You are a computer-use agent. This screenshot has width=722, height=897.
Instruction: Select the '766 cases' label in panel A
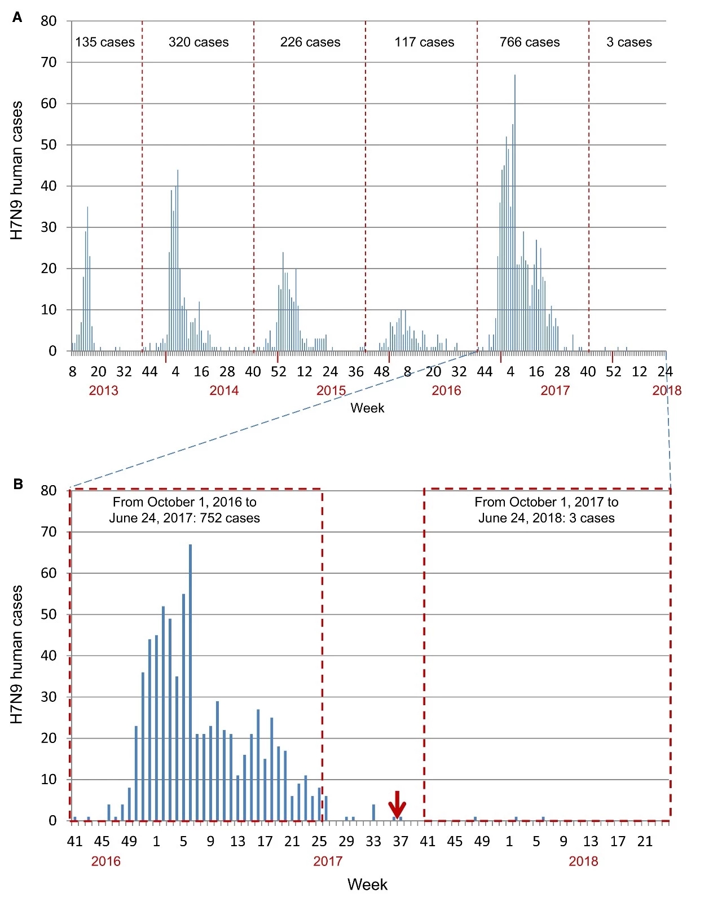[529, 42]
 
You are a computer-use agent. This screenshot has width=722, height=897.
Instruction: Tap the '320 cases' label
[199, 42]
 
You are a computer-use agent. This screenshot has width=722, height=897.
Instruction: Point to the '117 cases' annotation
[424, 42]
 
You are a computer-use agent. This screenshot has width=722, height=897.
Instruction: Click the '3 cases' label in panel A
[629, 42]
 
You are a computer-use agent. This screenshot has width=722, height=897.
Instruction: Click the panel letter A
[17, 18]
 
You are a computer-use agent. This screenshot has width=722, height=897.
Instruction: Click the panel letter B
[17, 484]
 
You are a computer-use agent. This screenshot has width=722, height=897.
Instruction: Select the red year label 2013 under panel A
[104, 391]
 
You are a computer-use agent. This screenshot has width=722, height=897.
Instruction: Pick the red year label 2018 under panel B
[583, 861]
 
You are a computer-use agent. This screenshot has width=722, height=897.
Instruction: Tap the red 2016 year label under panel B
[106, 861]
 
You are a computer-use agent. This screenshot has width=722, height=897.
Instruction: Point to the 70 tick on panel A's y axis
[49, 63]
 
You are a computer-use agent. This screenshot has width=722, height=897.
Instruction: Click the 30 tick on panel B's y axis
[49, 697]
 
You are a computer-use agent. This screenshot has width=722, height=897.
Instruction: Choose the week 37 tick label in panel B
[400, 842]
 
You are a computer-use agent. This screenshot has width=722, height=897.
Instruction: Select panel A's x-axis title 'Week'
[367, 408]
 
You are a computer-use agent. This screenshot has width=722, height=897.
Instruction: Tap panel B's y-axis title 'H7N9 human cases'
[17, 654]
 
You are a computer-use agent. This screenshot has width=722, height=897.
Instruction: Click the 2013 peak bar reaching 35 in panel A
[87, 279]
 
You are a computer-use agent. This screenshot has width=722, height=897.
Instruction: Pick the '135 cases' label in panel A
[105, 42]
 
